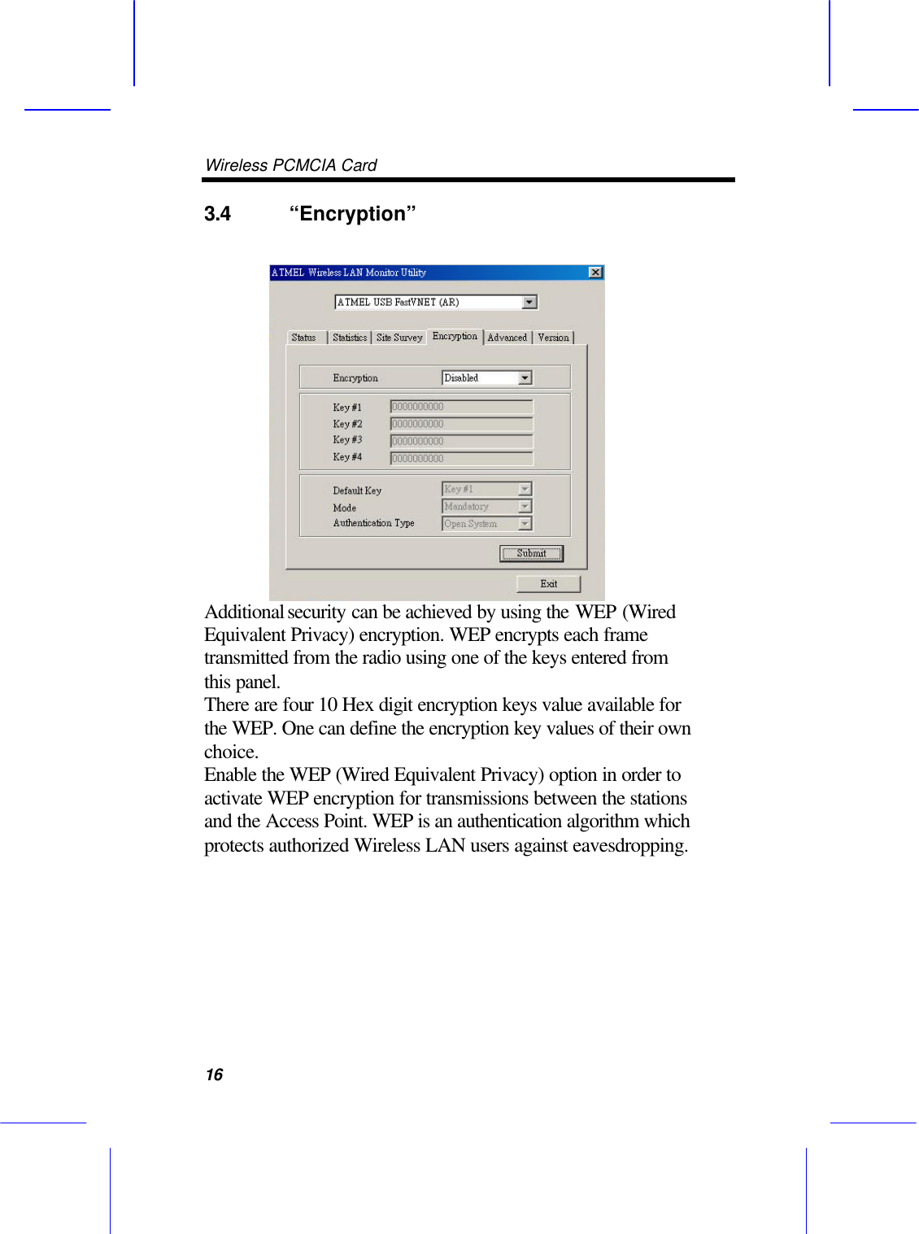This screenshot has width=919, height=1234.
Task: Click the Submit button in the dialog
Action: (531, 553)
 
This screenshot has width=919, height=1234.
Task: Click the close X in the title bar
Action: (595, 273)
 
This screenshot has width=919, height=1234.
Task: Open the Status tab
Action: (304, 338)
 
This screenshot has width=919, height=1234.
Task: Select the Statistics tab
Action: (350, 338)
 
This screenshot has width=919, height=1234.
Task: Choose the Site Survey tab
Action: (399, 338)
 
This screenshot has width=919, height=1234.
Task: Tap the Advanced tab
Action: (507, 338)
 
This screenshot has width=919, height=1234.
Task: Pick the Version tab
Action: (553, 338)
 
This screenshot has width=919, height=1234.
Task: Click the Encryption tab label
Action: (455, 336)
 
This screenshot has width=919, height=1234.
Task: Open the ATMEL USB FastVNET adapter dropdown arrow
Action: (529, 302)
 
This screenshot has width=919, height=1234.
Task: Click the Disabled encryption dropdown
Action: (486, 377)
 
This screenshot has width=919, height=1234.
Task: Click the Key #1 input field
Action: (461, 406)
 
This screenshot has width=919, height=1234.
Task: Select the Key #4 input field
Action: (461, 458)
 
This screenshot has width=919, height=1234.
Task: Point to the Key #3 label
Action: (347, 440)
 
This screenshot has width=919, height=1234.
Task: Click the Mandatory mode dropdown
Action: (486, 506)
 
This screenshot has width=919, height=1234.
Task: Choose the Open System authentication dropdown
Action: (486, 524)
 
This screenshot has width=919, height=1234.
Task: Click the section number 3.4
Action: (217, 214)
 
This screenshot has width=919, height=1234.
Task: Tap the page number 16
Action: (214, 1075)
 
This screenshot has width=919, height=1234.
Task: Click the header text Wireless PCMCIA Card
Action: (291, 165)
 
